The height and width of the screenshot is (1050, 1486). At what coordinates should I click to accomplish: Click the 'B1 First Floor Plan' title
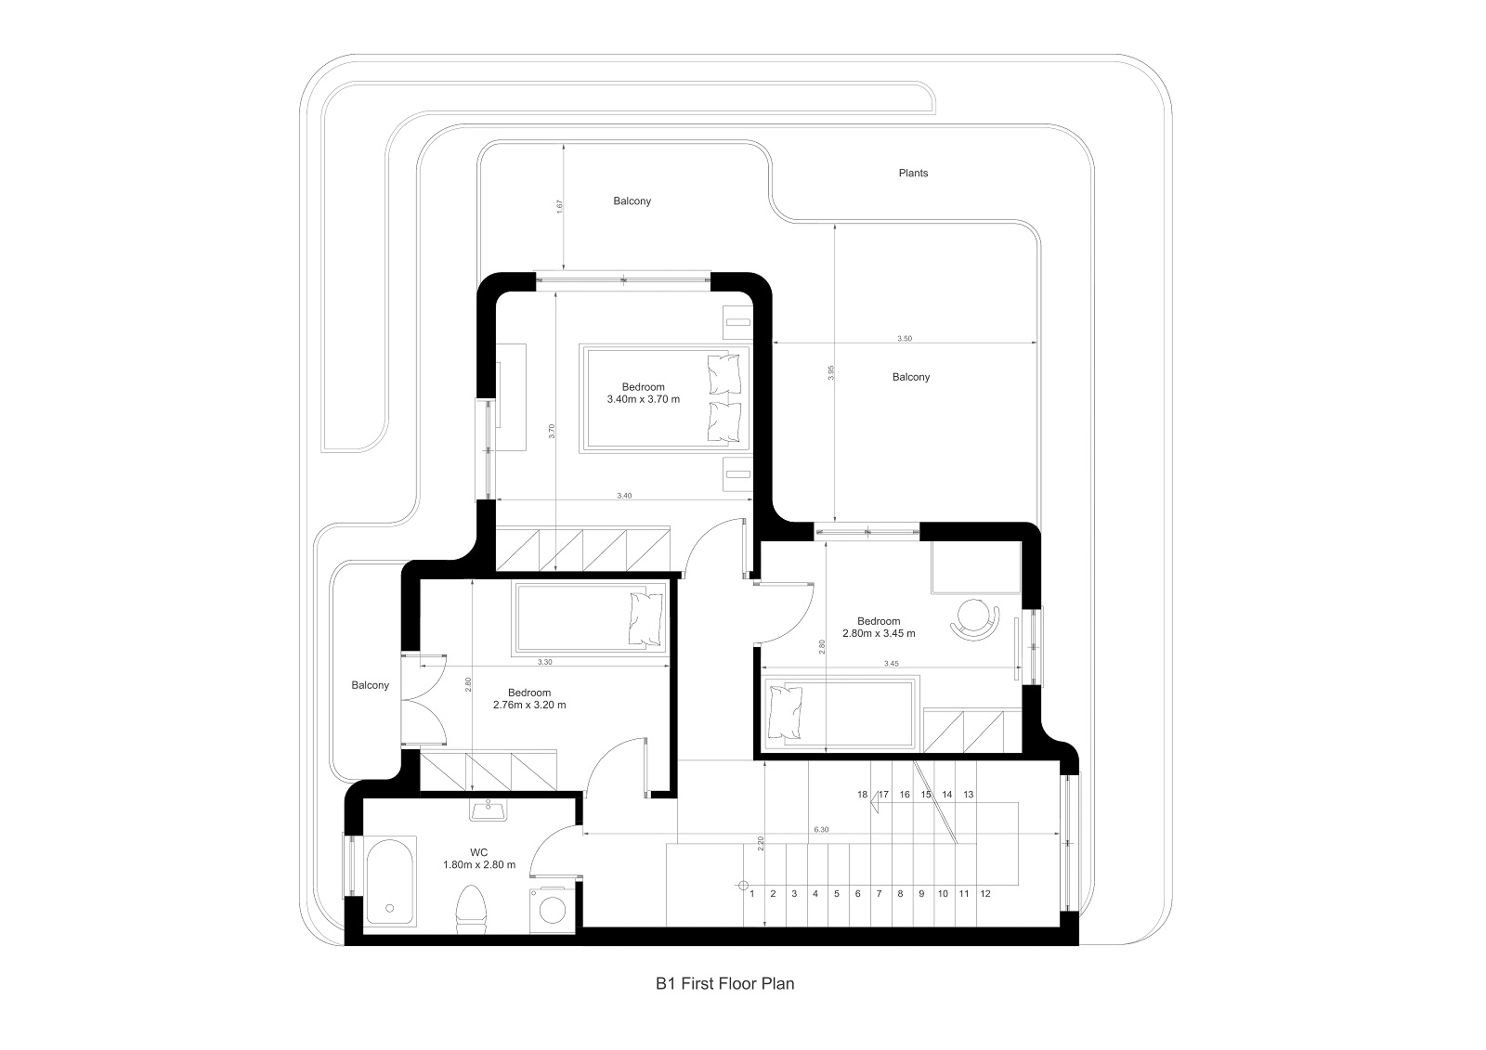pos(724,984)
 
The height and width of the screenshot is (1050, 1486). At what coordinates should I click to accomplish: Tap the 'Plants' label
pos(913,173)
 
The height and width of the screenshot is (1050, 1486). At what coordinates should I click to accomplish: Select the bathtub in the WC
pos(390,882)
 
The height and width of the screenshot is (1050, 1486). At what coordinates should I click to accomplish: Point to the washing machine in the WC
pos(552,909)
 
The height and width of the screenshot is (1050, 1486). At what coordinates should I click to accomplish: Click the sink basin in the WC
pos(489,810)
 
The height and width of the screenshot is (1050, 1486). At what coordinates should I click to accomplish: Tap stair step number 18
pos(862,795)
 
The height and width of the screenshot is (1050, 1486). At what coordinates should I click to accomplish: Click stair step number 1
pos(751,893)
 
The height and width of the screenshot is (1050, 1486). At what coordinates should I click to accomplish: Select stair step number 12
pos(985,893)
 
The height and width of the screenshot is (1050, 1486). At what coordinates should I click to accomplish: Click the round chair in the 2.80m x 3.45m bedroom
pos(974,619)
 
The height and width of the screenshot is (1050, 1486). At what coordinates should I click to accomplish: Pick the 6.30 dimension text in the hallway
pos(821,830)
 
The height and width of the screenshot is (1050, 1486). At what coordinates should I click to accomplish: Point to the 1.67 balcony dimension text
pos(559,206)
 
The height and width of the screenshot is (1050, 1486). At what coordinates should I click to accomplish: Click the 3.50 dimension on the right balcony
pos(905,338)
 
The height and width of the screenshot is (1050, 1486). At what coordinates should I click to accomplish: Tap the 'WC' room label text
pos(478,853)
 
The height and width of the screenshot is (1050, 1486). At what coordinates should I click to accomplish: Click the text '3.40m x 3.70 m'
pos(643,399)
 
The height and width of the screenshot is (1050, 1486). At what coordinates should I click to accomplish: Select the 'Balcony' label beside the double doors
pos(371,685)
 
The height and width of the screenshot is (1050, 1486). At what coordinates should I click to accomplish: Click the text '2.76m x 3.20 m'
pos(529,705)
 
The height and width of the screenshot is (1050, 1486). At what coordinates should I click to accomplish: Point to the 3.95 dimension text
pos(830,373)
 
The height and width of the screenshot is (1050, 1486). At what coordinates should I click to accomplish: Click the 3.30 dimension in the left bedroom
pos(544,662)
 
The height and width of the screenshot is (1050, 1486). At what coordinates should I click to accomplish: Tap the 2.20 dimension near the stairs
pos(761,844)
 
